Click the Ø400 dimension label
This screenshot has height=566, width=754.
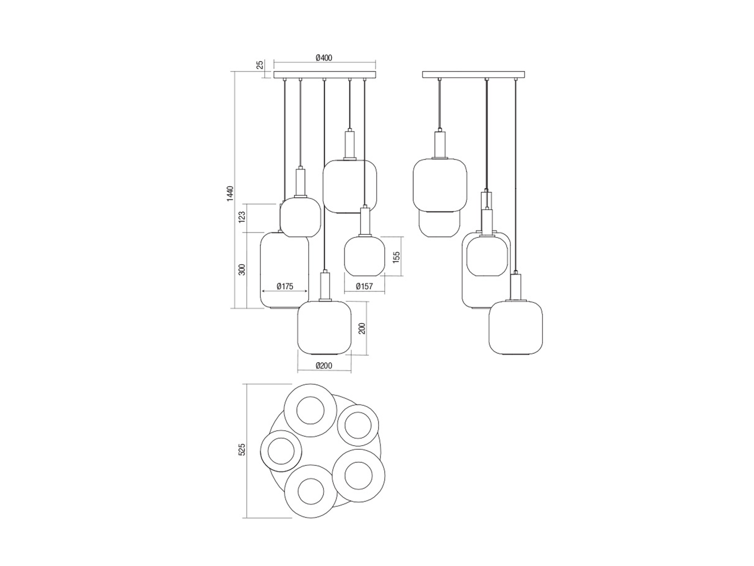click(x=324, y=57)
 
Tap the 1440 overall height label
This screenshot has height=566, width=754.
click(x=231, y=193)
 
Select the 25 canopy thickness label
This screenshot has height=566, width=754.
click(x=260, y=64)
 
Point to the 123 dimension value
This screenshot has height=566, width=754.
click(x=242, y=217)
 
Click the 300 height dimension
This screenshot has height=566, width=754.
click(x=242, y=269)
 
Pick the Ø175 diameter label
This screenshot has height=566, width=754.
click(x=285, y=286)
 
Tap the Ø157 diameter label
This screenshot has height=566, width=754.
click(x=364, y=286)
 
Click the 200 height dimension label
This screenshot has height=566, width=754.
click(x=362, y=328)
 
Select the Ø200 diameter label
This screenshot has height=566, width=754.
click(x=324, y=365)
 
